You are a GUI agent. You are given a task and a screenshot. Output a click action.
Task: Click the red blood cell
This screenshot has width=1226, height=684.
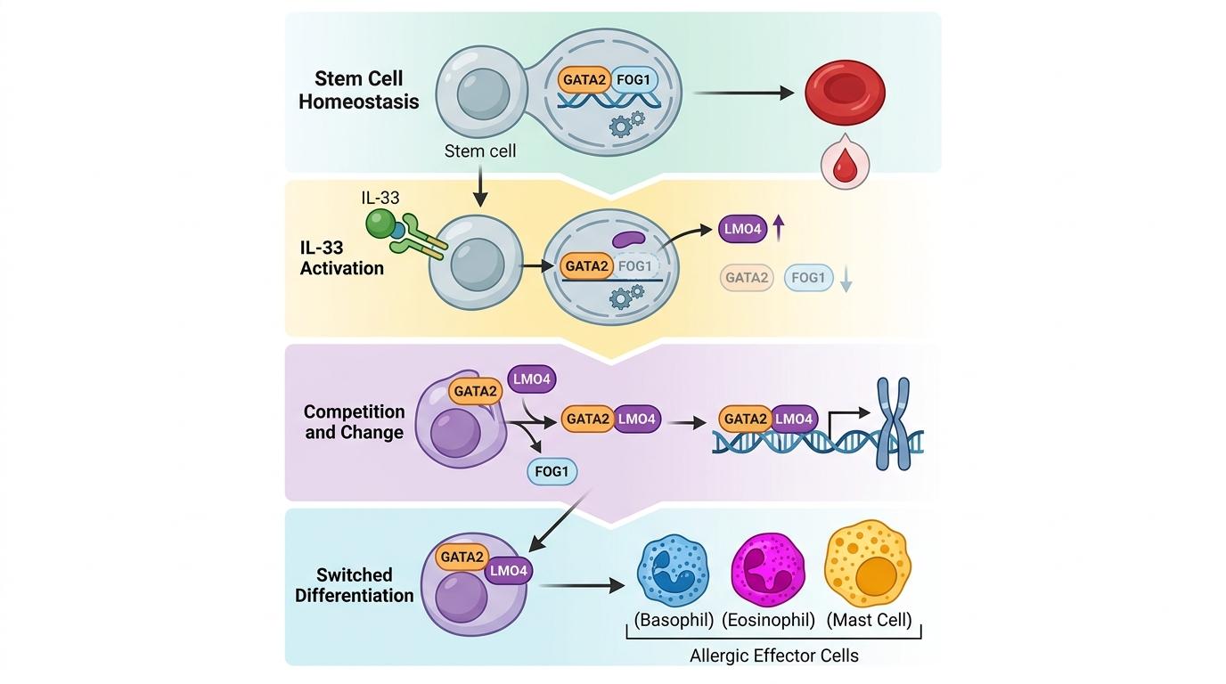[x=845, y=92]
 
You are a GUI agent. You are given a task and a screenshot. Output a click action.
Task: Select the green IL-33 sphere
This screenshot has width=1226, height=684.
[x=380, y=223]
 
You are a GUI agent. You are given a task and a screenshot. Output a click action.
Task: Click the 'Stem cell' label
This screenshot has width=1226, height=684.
[x=480, y=151]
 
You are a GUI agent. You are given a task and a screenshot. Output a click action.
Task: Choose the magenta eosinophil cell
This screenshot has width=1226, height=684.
[x=767, y=571]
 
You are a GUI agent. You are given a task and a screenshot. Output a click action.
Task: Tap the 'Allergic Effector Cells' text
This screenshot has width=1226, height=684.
[x=773, y=655]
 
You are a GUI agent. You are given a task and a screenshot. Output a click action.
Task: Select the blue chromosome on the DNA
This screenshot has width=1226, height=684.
[x=893, y=423]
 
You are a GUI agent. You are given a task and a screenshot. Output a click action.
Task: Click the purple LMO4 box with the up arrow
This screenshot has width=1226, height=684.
[x=742, y=230]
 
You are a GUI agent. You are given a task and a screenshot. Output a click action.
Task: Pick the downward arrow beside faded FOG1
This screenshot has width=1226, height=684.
[x=846, y=280]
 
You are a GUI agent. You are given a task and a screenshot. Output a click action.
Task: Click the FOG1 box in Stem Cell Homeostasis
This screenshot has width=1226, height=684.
[x=635, y=80]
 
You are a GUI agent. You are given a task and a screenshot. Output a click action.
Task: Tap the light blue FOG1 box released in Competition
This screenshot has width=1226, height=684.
[x=552, y=472]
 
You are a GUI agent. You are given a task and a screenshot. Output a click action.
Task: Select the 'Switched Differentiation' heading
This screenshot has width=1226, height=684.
[x=355, y=585]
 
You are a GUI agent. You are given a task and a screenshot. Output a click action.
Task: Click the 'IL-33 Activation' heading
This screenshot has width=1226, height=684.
[x=342, y=256]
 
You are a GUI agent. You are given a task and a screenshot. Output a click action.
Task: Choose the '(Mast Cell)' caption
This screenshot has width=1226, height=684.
[x=869, y=620]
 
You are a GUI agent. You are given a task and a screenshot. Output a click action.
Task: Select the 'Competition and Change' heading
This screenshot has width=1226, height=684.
[x=354, y=422]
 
